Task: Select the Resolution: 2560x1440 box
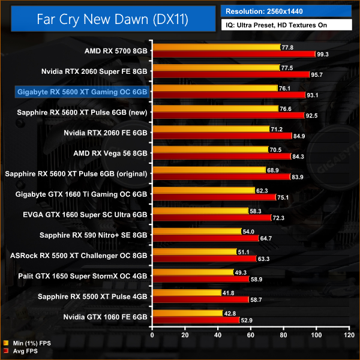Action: pos(287,10)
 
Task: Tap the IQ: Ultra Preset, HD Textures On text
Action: pos(287,26)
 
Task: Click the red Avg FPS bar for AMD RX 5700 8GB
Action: pos(234,54)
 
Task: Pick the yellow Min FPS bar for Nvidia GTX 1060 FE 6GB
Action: pos(188,313)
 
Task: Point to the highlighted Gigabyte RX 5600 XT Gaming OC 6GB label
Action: pos(83,92)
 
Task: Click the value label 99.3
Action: pos(325,54)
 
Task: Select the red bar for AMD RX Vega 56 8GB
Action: pos(221,157)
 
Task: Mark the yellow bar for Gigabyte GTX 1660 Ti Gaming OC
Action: pos(203,190)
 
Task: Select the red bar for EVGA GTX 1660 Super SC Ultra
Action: pos(212,217)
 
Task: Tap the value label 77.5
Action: pos(286,68)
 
